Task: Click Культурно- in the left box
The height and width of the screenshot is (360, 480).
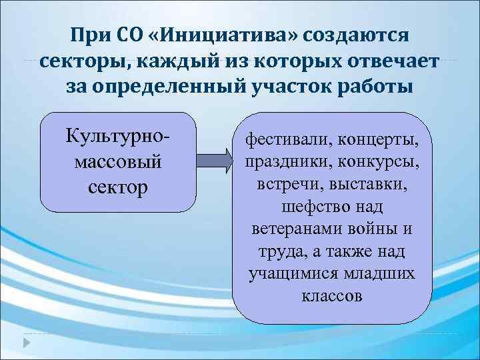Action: [x=118, y=137]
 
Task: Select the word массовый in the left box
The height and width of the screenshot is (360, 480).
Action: [x=118, y=161]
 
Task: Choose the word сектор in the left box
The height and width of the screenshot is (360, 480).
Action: [x=118, y=185]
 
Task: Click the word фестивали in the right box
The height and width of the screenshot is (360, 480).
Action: [x=287, y=141]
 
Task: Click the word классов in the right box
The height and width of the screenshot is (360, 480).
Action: [x=332, y=295]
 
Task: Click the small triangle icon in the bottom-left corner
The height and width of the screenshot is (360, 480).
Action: [x=26, y=343]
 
